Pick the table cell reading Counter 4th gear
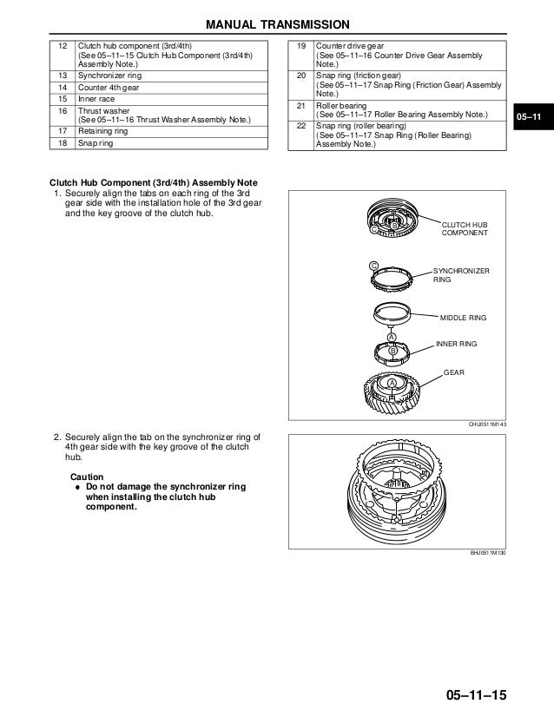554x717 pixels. [x=109, y=88]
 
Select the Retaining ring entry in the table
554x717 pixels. [x=102, y=131]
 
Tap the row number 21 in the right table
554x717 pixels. [x=301, y=105]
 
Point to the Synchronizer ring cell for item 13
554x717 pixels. [x=110, y=76]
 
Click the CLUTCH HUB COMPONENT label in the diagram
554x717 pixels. [x=465, y=228]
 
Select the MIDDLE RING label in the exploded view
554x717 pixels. [x=464, y=319]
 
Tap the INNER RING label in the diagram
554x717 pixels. [x=456, y=345]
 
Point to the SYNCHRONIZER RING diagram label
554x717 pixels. [x=461, y=276]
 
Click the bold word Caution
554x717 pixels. [x=86, y=477]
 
